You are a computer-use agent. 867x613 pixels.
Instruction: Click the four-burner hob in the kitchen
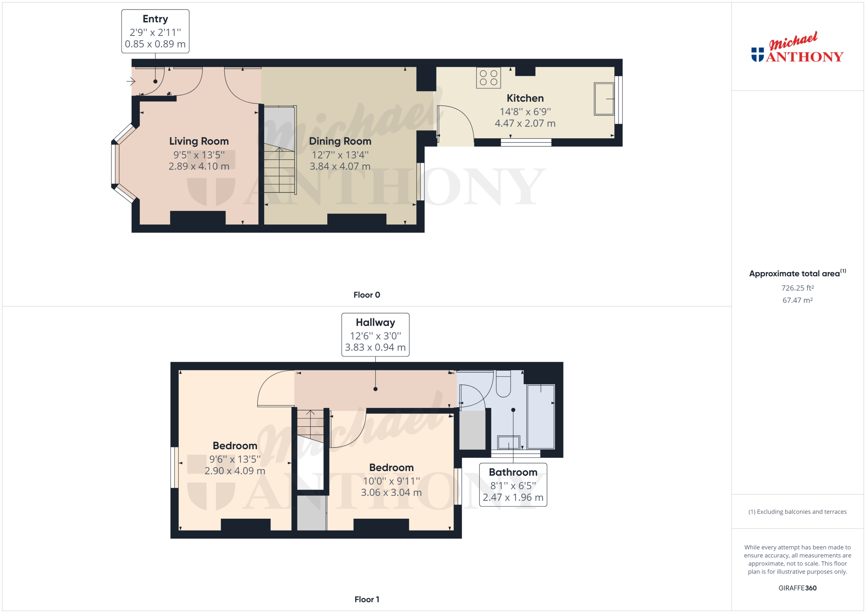[x=488, y=78]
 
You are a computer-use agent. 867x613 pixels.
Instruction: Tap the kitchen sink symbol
[x=604, y=99]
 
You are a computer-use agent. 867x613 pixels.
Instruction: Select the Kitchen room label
[x=525, y=98]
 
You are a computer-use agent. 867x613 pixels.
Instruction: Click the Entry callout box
[x=155, y=31]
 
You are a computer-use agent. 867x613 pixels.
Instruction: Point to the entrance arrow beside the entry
[x=131, y=81]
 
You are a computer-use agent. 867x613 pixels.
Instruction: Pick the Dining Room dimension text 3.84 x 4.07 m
[x=340, y=166]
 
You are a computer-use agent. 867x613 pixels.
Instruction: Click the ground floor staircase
[x=279, y=170]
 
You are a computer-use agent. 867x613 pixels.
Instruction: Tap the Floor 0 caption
[x=367, y=295]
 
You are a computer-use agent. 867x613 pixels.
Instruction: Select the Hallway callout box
[x=375, y=334]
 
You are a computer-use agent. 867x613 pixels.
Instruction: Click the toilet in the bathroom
[x=503, y=384]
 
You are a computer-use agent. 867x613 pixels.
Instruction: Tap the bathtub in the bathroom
[x=541, y=416]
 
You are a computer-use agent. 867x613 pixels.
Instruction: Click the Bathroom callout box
[x=513, y=485]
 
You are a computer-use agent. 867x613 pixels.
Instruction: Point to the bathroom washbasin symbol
[x=509, y=442]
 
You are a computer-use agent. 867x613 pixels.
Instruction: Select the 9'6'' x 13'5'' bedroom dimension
[x=235, y=459]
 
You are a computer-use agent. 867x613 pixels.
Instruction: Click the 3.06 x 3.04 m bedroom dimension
[x=391, y=492]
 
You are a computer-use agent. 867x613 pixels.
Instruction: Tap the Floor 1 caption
[x=367, y=599]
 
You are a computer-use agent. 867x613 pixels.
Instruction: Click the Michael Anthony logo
[x=797, y=49]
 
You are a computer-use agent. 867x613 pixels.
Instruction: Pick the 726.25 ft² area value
[x=797, y=288]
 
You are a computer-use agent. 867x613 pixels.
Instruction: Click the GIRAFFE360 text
[x=797, y=588]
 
